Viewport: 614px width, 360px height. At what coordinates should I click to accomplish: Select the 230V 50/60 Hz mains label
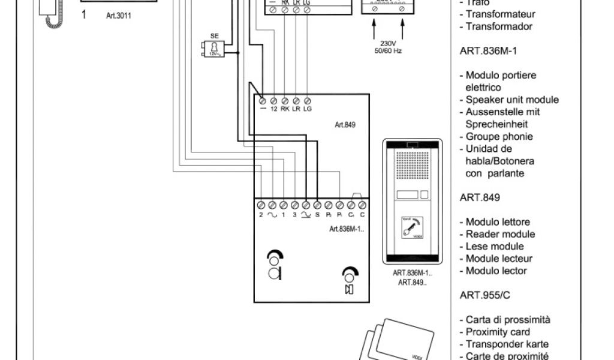coord(388,47)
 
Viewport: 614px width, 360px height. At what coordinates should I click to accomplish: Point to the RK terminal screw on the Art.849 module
coord(285,100)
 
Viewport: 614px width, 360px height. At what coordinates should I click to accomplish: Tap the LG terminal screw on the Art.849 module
coord(307,100)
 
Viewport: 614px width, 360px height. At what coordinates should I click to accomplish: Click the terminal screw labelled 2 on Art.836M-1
coord(261,205)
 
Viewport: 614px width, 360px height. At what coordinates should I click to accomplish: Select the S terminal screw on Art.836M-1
coord(317,205)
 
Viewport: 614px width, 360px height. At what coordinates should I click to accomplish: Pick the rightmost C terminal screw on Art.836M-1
coord(362,205)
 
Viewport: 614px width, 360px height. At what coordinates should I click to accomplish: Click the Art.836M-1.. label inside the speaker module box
coord(347,229)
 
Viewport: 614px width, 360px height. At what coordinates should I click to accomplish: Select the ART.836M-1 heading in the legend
coord(488,51)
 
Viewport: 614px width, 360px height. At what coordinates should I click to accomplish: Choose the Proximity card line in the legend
coord(498,332)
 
